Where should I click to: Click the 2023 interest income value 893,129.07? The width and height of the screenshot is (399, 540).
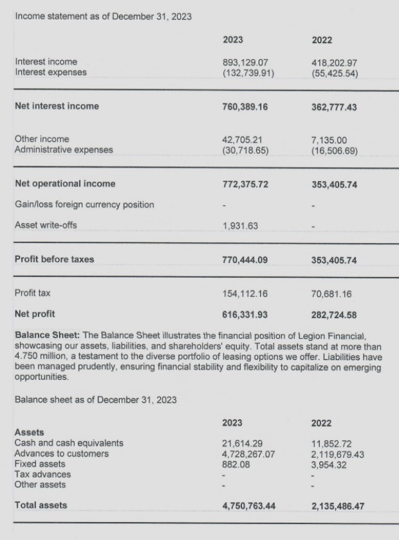click(245, 62)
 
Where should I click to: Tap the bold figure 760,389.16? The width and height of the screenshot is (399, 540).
click(245, 107)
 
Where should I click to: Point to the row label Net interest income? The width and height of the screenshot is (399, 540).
click(57, 107)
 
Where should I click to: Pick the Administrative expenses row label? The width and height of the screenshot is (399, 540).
click(63, 150)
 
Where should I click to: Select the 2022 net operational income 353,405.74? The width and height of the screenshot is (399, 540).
click(334, 184)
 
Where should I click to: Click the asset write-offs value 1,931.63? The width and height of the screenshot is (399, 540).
click(240, 226)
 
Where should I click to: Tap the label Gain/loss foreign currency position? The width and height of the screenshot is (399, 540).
click(84, 204)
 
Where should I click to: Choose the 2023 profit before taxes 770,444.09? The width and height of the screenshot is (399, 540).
click(245, 260)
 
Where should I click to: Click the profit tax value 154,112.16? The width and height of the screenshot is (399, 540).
click(245, 294)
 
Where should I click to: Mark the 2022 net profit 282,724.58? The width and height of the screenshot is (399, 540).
click(334, 314)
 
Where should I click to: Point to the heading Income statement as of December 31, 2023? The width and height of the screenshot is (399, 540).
click(104, 16)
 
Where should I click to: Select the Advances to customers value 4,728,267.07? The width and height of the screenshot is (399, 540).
click(248, 454)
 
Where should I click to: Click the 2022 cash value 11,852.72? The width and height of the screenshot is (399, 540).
click(331, 444)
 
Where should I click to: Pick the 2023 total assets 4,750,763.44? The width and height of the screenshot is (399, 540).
click(248, 506)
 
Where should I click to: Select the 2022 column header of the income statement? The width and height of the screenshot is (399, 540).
click(321, 40)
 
